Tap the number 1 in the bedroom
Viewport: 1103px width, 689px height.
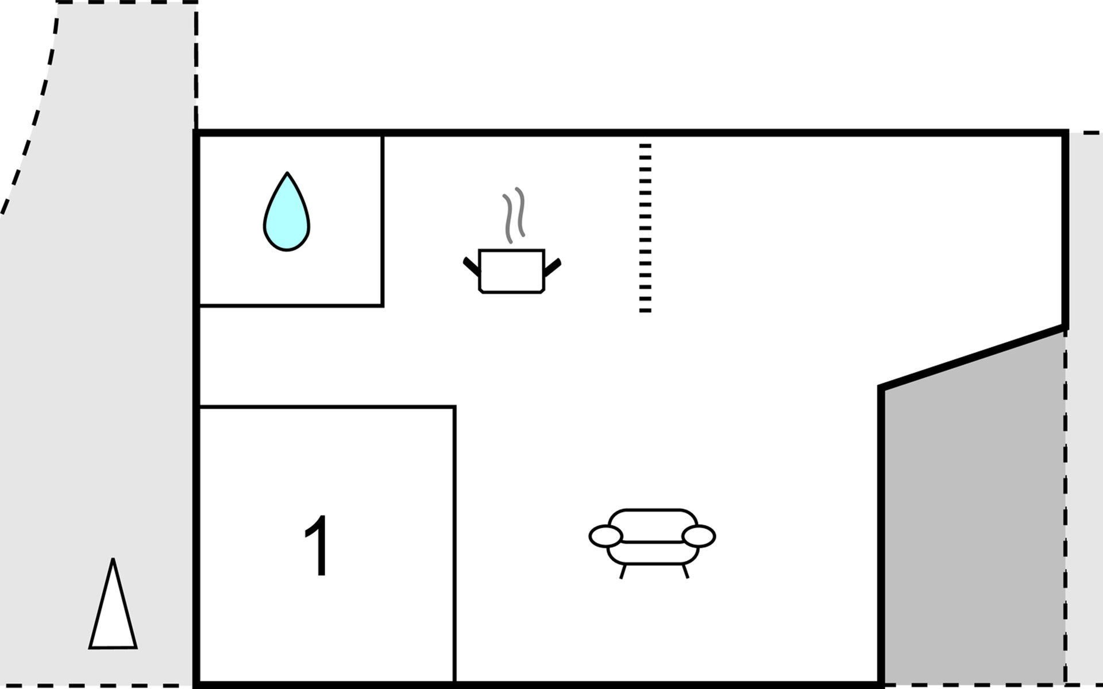(317, 545)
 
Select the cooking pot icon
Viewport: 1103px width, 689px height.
(511, 271)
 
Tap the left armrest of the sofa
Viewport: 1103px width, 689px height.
(606, 536)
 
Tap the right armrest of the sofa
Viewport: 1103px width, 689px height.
(699, 536)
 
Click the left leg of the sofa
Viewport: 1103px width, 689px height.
(623, 571)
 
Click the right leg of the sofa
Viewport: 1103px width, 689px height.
(685, 571)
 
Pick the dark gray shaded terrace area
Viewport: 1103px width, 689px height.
(971, 517)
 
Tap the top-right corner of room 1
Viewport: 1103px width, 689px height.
(454, 407)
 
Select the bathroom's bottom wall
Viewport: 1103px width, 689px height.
(290, 305)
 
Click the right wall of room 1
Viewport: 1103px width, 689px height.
(454, 545)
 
